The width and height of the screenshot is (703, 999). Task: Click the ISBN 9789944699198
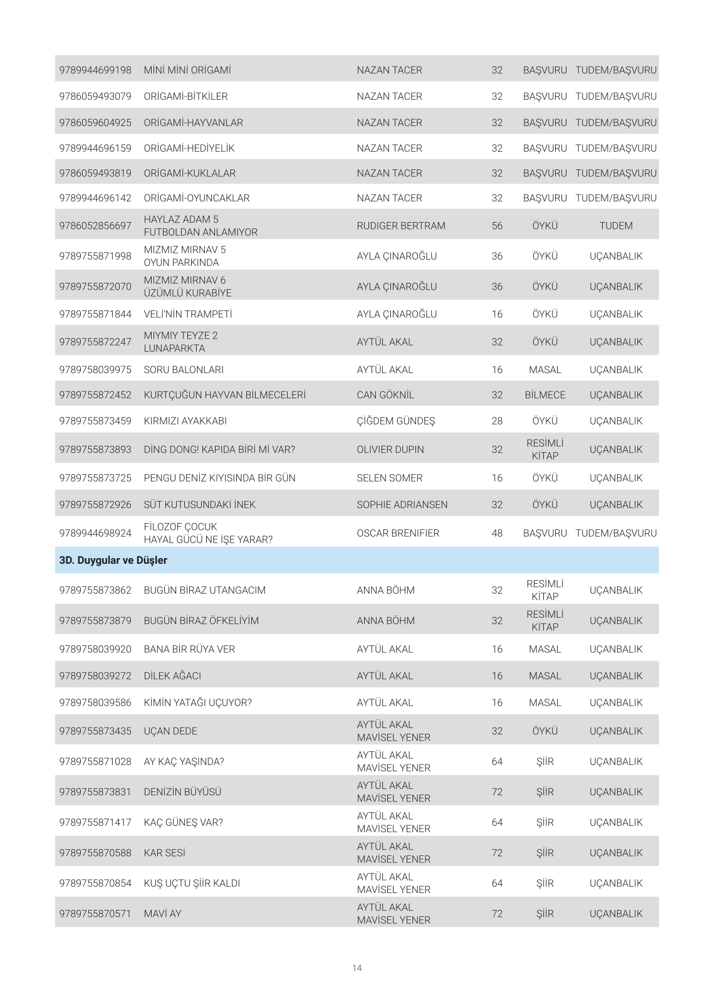click(x=95, y=70)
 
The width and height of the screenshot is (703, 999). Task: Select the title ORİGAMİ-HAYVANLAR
click(x=193, y=123)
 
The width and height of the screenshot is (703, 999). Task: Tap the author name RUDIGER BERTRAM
click(x=401, y=226)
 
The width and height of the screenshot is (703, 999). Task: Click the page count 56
click(x=497, y=226)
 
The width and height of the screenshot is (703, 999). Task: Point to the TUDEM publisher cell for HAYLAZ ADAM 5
click(x=615, y=226)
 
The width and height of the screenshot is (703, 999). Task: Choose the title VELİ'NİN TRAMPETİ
click(x=188, y=314)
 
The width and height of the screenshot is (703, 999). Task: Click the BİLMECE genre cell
click(x=544, y=395)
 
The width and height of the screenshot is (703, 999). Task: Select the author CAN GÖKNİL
click(x=385, y=395)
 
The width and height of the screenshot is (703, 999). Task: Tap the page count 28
click(x=497, y=421)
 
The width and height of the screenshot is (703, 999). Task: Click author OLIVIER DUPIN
click(x=390, y=450)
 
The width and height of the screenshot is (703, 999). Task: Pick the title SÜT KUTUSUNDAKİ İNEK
click(x=199, y=505)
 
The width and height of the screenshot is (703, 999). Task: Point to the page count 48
click(x=497, y=533)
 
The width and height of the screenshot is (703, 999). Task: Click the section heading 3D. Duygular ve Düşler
click(x=113, y=560)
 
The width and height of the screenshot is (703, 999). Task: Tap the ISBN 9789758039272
click(x=95, y=676)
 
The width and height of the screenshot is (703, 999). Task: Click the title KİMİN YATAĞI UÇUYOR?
click(x=197, y=703)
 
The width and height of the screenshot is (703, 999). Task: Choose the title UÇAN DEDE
click(x=170, y=731)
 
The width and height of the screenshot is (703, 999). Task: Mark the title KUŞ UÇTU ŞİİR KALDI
click(x=192, y=884)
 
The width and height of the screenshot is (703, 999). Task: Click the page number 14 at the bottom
click(x=357, y=968)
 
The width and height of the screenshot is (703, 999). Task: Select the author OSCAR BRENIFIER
click(x=398, y=533)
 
